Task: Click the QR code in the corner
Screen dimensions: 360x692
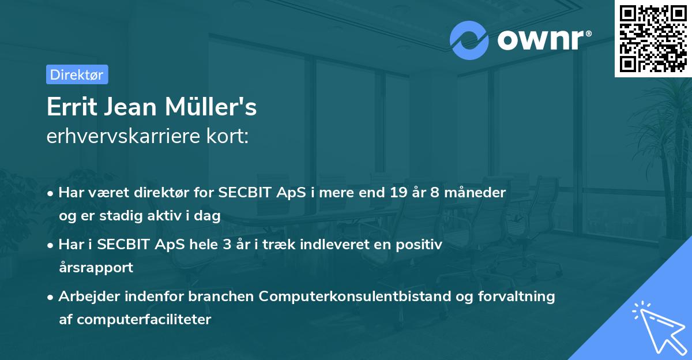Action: (653, 39)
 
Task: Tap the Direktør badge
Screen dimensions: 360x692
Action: (77, 74)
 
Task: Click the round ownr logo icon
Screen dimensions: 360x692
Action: (469, 40)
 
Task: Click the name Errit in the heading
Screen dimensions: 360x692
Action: (68, 108)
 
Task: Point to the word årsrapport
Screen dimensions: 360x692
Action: (96, 268)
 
